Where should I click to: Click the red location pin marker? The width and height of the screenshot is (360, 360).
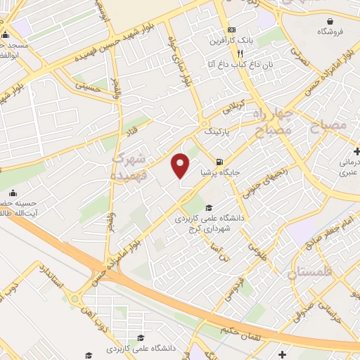pos(181,165)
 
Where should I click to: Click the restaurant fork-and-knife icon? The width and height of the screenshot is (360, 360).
pos(240,53)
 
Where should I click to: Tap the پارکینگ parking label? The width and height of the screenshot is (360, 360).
pos(216,131)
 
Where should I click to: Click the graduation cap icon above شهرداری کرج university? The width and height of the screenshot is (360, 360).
pos(210,207)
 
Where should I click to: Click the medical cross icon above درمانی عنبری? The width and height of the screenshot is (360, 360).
pos(356,150)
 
